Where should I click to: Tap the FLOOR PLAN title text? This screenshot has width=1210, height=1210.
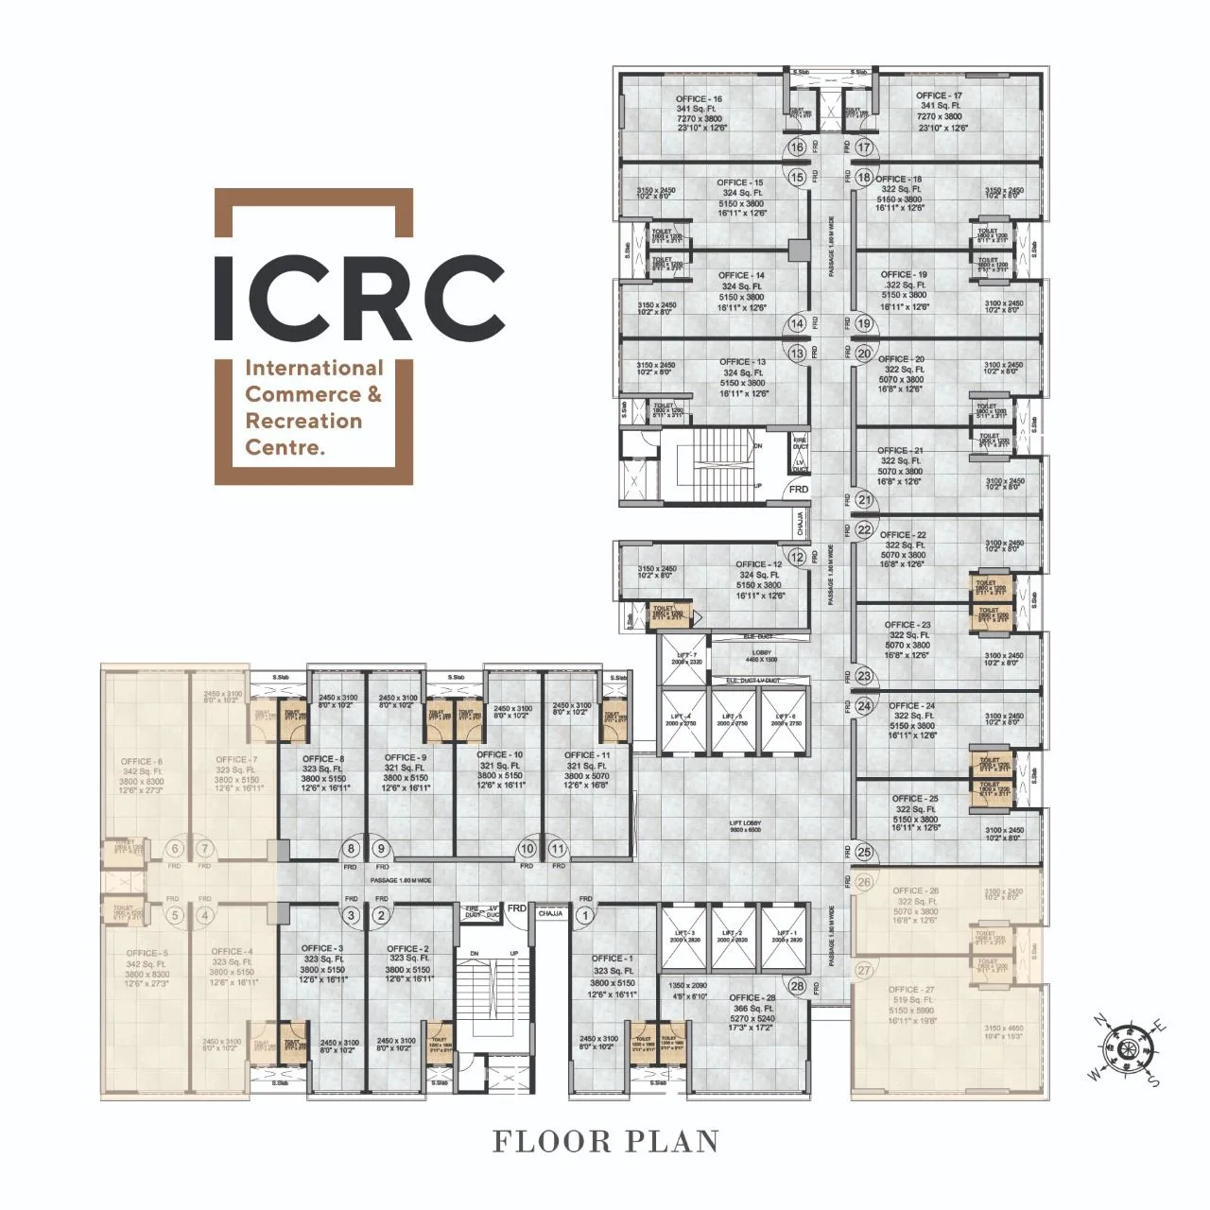pyautogui.click(x=605, y=1141)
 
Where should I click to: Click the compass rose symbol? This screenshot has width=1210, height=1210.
pyautogui.click(x=1125, y=1048)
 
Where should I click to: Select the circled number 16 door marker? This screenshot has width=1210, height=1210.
pyautogui.click(x=797, y=147)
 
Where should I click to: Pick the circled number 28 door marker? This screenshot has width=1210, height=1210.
pyautogui.click(x=797, y=987)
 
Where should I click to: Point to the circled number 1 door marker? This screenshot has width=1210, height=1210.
pyautogui.click(x=586, y=914)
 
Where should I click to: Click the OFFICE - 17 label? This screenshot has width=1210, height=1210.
pyautogui.click(x=939, y=96)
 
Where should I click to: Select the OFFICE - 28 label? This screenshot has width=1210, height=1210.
pyautogui.click(x=745, y=997)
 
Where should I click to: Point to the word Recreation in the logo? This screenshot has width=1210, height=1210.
pyautogui.click(x=304, y=421)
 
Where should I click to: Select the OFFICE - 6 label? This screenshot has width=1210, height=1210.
pyautogui.click(x=142, y=761)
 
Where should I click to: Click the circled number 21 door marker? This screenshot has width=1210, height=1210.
pyautogui.click(x=863, y=500)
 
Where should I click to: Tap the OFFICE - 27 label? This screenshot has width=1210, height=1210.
pyautogui.click(x=911, y=990)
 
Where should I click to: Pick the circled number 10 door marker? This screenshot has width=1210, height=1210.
pyautogui.click(x=527, y=849)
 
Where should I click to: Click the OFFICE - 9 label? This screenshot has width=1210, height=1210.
pyautogui.click(x=405, y=757)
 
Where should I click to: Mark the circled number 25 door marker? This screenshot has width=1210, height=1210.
pyautogui.click(x=863, y=851)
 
